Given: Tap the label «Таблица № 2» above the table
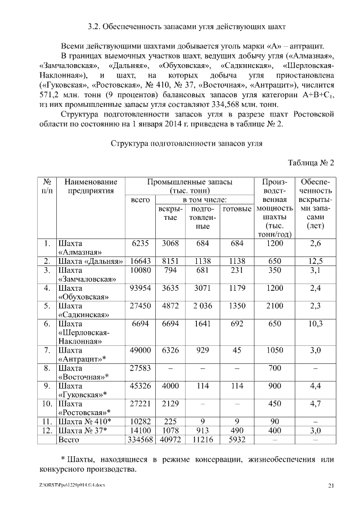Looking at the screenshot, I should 311,163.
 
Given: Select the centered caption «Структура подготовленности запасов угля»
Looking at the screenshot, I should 188,144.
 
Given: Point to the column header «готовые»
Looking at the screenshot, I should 237,209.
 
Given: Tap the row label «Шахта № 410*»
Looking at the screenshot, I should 84,421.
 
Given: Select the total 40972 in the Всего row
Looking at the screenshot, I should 170,439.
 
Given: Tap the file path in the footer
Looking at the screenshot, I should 72,484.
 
